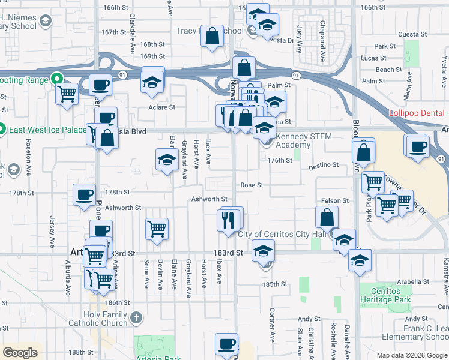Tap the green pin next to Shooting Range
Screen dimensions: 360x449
[57, 78]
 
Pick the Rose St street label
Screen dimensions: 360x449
[252, 185]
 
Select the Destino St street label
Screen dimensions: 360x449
[324, 164]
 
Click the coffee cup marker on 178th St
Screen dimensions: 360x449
[84, 193]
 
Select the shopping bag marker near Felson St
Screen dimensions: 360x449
[327, 217]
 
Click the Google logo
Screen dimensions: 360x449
[20, 353]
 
